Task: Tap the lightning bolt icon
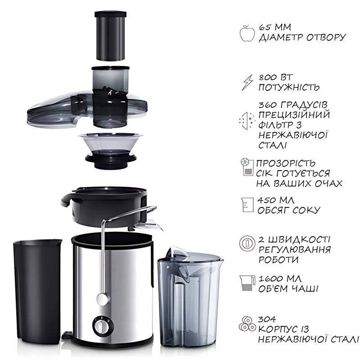(x=247, y=82)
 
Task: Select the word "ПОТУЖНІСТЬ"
(x=289, y=87)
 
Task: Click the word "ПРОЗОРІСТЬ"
(x=286, y=163)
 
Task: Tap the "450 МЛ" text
(x=275, y=200)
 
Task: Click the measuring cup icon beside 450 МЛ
(x=247, y=205)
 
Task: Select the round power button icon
(x=247, y=243)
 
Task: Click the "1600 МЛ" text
(x=280, y=279)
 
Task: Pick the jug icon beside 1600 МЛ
(x=247, y=283)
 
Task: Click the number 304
(x=267, y=319)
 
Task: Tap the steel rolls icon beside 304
(x=247, y=324)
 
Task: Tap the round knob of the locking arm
(x=103, y=299)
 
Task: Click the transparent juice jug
(x=190, y=297)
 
